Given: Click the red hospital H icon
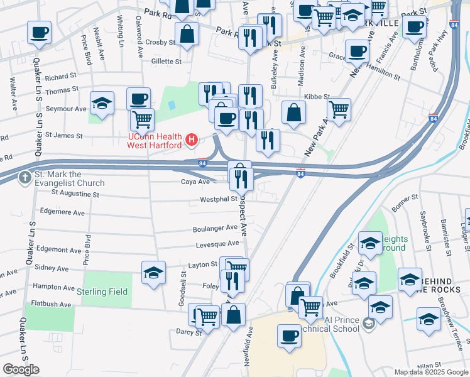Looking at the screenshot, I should pyautogui.click(x=192, y=139).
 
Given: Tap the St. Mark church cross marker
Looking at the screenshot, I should pyautogui.click(x=25, y=178).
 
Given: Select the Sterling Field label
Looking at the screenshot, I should pyautogui.click(x=102, y=292).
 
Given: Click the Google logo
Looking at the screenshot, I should pyautogui.click(x=21, y=369).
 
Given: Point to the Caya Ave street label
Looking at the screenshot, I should pyautogui.click(x=195, y=182).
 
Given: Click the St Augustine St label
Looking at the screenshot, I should pyautogui.click(x=75, y=195).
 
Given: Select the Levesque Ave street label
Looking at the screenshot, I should pyautogui.click(x=217, y=243).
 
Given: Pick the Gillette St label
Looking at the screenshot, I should pyautogui.click(x=166, y=62).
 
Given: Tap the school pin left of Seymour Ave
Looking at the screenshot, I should pyautogui.click(x=102, y=103).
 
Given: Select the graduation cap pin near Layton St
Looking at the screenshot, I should pyautogui.click(x=153, y=273).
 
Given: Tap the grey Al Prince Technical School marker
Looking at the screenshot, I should pyautogui.click(x=368, y=324).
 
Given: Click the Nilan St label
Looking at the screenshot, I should pyautogui.click(x=430, y=364).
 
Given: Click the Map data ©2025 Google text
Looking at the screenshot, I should pyautogui.click(x=430, y=372).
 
